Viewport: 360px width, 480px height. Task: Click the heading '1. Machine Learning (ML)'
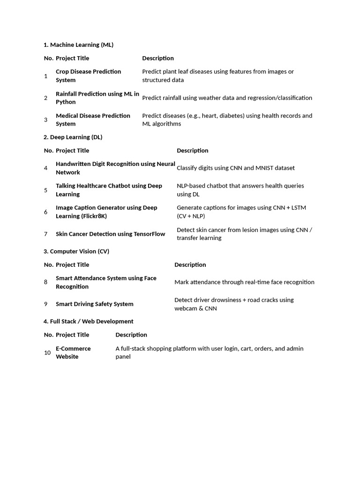point(78,45)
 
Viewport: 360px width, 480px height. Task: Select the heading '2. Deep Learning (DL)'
point(73,137)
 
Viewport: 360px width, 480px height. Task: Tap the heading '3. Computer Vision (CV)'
point(76,252)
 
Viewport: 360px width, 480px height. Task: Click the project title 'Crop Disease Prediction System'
point(88,76)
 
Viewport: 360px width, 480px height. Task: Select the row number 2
point(46,98)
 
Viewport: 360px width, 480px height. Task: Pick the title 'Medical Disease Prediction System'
point(93,120)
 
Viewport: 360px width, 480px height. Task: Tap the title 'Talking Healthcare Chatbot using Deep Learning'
point(109,190)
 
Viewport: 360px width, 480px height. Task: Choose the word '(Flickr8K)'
point(94,216)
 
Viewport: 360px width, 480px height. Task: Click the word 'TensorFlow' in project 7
point(148,234)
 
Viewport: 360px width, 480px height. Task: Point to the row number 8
point(46,282)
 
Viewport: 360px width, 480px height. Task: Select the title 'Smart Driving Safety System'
point(95,304)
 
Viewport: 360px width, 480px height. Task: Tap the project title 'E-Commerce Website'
point(73,352)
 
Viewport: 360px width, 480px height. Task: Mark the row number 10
point(47,352)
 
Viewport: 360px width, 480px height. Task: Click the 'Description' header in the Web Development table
point(131,335)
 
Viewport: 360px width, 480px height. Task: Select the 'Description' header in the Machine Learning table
point(158,59)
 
